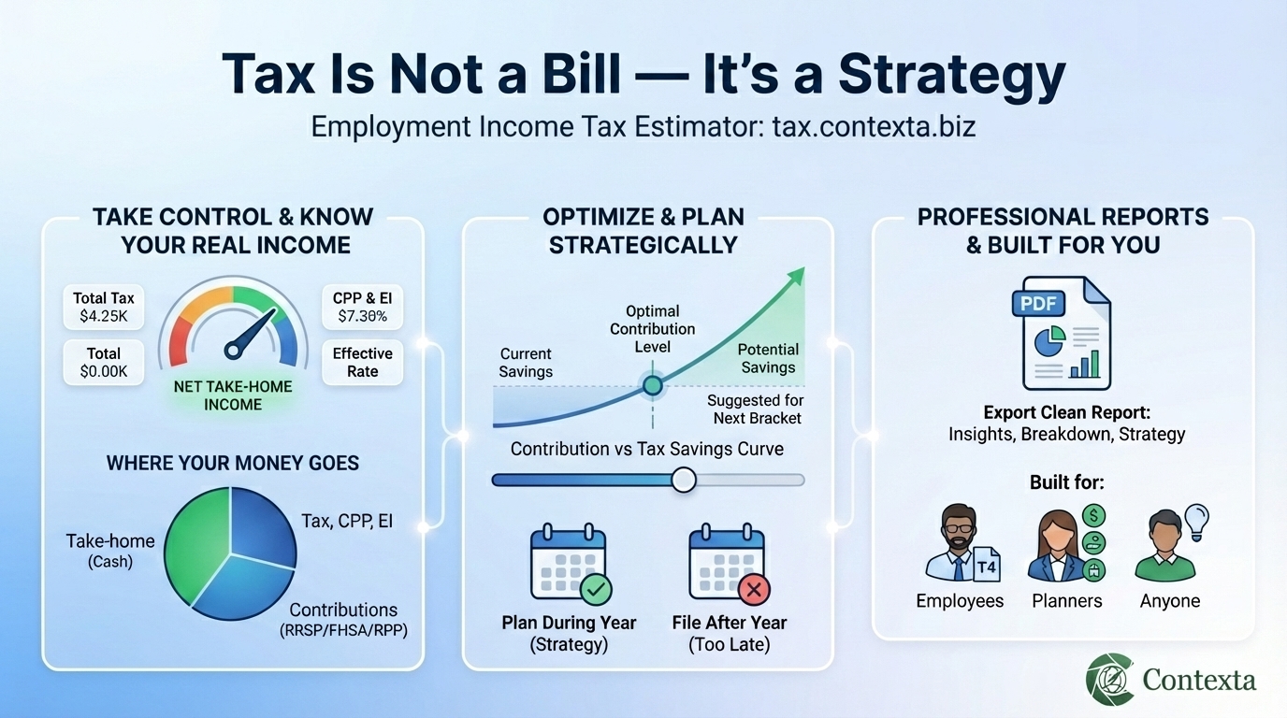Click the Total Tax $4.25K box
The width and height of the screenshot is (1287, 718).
point(104,308)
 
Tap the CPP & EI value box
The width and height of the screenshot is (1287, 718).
point(361,308)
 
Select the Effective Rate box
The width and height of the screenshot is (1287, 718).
point(362,363)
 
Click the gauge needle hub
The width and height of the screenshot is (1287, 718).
point(234,351)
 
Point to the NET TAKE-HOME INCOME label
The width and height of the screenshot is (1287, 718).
point(233,395)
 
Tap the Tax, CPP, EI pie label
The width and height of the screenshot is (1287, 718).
point(347,522)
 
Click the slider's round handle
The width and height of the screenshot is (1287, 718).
point(684,480)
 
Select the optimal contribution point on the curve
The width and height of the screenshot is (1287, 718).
point(653,384)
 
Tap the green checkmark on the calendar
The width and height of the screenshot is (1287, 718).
point(595,589)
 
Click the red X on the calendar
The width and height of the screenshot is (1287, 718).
point(754,589)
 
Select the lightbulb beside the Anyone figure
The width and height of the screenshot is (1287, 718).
point(1196,517)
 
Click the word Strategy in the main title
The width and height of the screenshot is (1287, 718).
point(952,74)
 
